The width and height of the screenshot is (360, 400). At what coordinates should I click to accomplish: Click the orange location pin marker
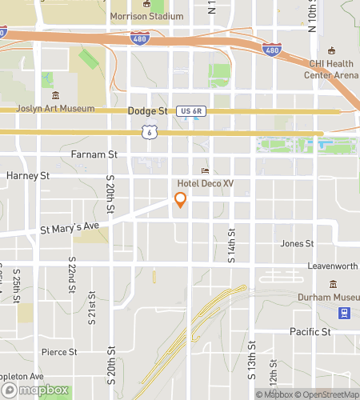pos(180,200)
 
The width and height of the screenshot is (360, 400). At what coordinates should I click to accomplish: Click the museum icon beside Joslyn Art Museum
pos(54,96)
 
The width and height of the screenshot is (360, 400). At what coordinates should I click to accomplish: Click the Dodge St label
pos(147,111)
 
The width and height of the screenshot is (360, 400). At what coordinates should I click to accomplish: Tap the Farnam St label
pos(94,154)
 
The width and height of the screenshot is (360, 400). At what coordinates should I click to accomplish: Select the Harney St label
pos(28,175)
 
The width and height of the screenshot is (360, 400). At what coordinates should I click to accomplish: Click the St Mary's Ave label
pos(70,228)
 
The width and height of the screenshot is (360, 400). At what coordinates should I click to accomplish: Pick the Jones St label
pos(297,243)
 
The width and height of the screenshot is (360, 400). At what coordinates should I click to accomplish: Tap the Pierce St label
pos(59,351)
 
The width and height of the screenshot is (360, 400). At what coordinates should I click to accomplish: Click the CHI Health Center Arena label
pos(330,70)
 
